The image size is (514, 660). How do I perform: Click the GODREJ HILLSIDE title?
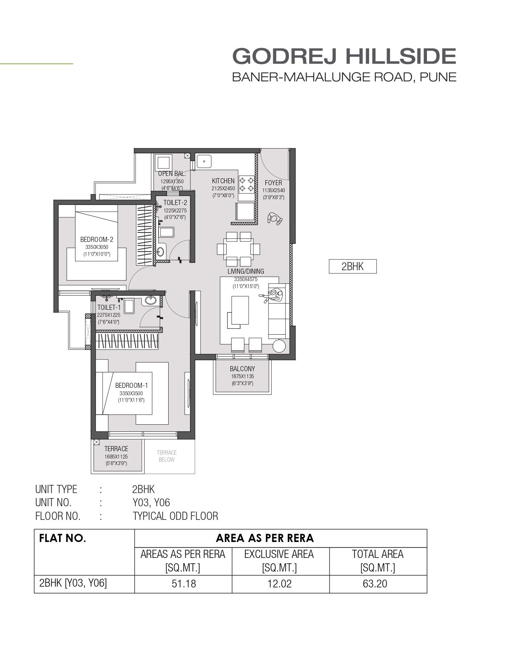click(344, 56)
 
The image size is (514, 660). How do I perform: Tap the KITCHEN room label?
click(223, 181)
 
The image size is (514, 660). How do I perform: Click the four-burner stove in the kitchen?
click(247, 184)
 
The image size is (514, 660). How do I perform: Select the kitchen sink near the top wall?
click(204, 161)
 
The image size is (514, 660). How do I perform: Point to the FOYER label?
click(274, 183)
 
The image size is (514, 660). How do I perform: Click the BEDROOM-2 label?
click(97, 240)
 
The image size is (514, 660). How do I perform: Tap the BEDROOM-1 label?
click(131, 386)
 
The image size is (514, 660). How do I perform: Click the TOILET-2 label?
click(175, 203)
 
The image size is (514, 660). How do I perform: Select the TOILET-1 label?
click(109, 307)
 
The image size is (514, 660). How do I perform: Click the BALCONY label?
click(242, 369)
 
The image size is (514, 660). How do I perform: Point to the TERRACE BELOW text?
click(167, 456)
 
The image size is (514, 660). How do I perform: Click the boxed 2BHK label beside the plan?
click(353, 266)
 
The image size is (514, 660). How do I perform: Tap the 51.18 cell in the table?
click(184, 584)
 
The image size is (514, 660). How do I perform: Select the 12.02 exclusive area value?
click(279, 584)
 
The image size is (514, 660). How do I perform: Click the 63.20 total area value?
click(375, 584)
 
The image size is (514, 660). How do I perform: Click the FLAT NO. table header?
click(63, 538)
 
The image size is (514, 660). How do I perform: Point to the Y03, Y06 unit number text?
click(151, 503)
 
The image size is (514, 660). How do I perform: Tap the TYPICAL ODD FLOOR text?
click(175, 516)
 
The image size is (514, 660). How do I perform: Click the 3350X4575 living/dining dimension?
click(246, 280)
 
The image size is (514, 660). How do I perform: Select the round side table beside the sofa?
click(279, 346)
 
